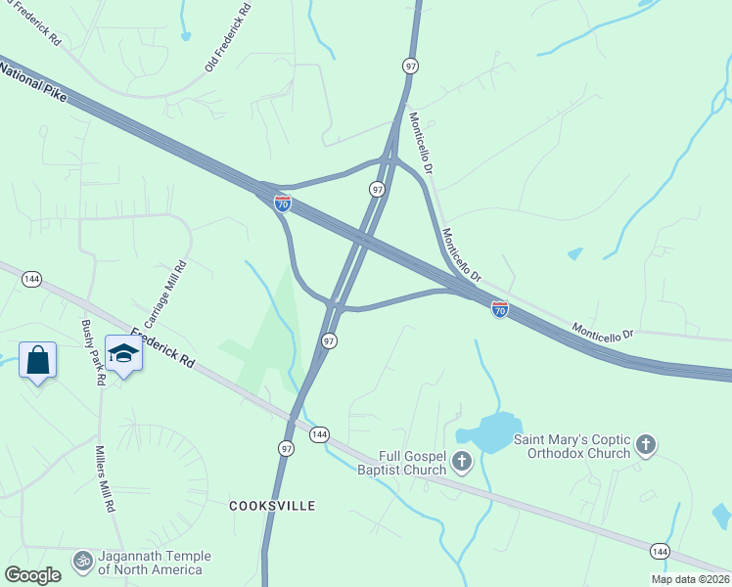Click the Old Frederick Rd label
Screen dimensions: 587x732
(229, 37)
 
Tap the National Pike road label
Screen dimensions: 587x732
(32, 80)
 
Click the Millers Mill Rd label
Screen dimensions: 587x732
(104, 480)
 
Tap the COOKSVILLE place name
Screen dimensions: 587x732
(272, 506)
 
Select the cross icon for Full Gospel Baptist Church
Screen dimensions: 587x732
(462, 461)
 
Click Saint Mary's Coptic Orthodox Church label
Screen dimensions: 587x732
(572, 446)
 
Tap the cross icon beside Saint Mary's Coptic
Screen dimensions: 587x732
(645, 446)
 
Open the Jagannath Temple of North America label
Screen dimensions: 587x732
(151, 564)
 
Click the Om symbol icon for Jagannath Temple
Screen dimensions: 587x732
(82, 562)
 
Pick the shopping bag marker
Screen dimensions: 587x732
(37, 360)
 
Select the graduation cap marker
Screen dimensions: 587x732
(124, 353)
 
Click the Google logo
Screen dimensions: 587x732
(33, 575)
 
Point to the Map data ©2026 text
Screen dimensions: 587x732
(689, 579)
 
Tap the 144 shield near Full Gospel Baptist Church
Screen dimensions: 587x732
(319, 434)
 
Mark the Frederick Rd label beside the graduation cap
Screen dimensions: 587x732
(162, 347)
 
